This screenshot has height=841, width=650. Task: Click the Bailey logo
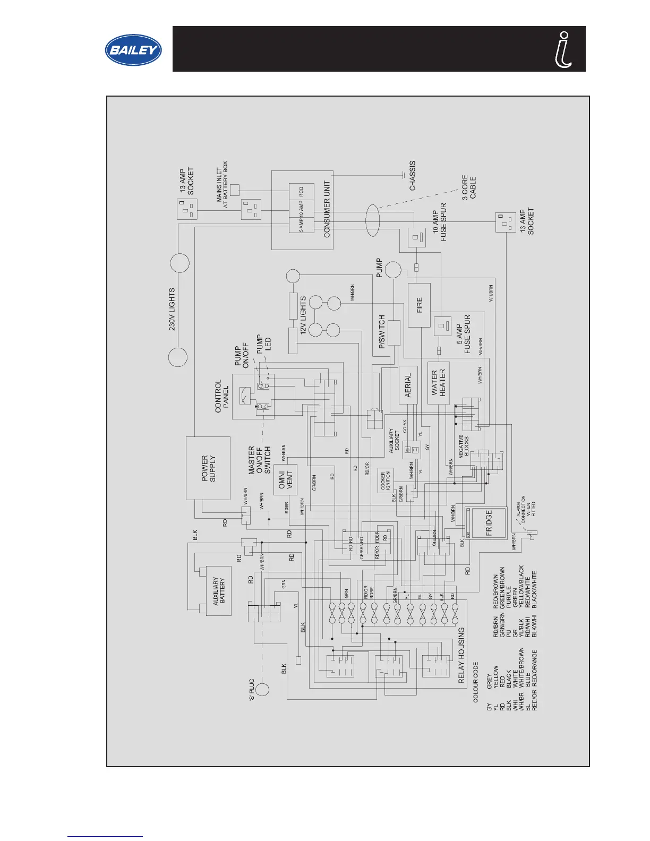point(133,50)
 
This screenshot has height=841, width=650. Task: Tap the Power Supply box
point(208,468)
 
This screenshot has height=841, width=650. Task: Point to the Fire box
point(419,305)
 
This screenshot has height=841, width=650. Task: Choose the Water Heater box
point(438,383)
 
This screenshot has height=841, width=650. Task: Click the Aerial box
point(408,385)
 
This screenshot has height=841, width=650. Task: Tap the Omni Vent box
point(285,480)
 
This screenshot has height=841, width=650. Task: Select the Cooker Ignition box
point(386,480)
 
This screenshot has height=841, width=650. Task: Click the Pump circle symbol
point(393,270)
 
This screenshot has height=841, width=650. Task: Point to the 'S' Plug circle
point(262,689)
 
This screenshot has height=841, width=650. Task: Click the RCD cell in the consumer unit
point(301,191)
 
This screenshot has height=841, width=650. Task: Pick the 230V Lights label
point(172,309)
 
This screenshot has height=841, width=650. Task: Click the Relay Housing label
point(461,655)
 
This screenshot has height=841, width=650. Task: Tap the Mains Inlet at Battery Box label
point(222,184)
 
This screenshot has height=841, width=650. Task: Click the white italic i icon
point(563,49)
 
